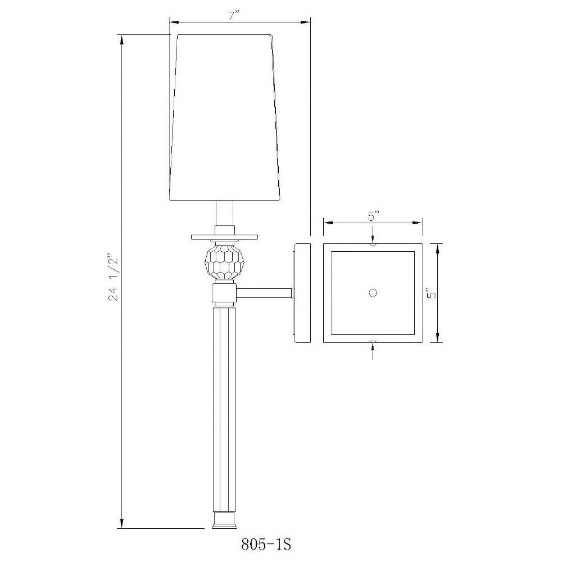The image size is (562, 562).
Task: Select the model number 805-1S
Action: (266, 545)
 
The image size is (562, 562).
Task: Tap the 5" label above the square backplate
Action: (373, 216)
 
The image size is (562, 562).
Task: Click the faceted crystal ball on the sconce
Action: (224, 262)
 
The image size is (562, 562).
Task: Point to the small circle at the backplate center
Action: (373, 293)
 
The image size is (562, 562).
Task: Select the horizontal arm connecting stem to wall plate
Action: (264, 293)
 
